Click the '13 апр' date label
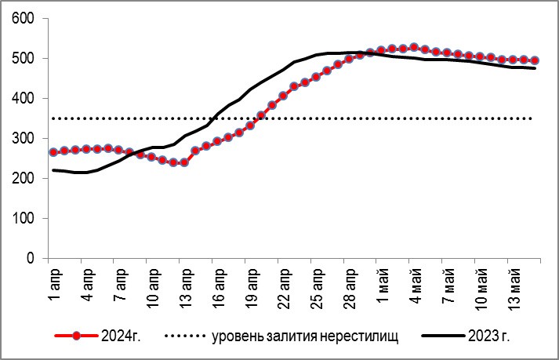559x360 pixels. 184,288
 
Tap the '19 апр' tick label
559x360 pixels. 250,288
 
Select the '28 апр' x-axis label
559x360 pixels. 349,288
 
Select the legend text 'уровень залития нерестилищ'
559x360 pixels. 305,336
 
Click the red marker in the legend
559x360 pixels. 76,336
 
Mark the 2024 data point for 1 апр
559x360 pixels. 53,152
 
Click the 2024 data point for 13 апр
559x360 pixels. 184,162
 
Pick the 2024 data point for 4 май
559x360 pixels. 414,48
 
